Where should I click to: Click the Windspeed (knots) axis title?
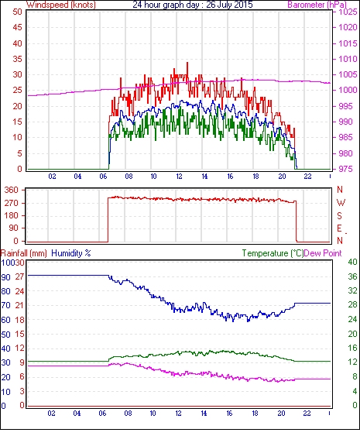[61, 5]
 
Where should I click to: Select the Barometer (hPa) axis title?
[317, 5]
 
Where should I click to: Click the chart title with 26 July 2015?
[193, 5]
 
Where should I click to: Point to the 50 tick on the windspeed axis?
[17, 12]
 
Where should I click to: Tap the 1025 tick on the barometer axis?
[348, 12]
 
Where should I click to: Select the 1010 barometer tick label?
[348, 59]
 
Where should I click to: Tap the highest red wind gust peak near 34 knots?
[187, 63]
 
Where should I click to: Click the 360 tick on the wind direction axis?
[12, 191]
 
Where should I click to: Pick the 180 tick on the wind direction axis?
[12, 215]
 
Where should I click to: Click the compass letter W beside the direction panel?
[341, 203]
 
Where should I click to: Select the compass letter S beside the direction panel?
[339, 215]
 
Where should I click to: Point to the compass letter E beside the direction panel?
[339, 228]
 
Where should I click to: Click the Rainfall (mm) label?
[23, 253]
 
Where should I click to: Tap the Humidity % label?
[71, 253]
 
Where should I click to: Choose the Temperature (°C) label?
[273, 253]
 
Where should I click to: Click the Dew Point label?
[323, 253]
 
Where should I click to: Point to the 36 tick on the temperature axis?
[352, 276]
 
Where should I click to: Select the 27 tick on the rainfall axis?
[19, 276]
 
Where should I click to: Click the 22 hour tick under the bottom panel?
[307, 414]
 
